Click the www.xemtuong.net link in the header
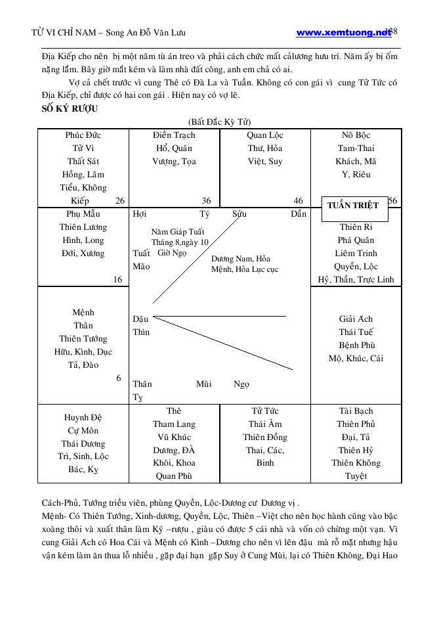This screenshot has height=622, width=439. click(343, 32)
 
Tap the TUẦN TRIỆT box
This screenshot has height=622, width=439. click(353, 206)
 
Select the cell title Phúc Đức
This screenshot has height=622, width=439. click(83, 135)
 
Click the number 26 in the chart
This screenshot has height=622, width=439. click(119, 201)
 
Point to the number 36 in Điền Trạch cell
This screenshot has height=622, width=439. click(206, 201)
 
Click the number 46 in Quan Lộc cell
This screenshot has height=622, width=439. click(298, 201)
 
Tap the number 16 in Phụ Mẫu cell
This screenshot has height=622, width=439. click(117, 280)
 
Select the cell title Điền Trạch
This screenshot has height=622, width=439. click(174, 135)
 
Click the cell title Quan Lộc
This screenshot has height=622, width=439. click(265, 135)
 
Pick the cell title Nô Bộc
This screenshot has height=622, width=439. click(356, 135)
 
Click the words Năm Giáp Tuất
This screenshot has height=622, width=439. click(178, 232)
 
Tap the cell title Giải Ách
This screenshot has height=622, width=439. click(356, 319)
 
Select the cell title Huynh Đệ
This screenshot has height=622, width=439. click(83, 418)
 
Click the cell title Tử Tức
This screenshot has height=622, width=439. click(265, 411)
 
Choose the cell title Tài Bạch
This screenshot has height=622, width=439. click(356, 411)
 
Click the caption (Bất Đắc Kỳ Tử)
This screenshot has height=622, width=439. click(219, 122)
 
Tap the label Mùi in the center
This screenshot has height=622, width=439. click(203, 384)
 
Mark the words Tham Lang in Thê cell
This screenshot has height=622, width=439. click(174, 424)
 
